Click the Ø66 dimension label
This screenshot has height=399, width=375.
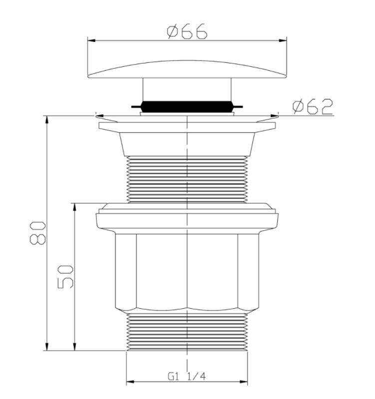coord(187,32)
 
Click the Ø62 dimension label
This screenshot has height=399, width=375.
coord(313,107)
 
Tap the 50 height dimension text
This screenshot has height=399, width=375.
coord(66,276)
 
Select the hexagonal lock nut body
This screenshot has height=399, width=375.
coord(187,272)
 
